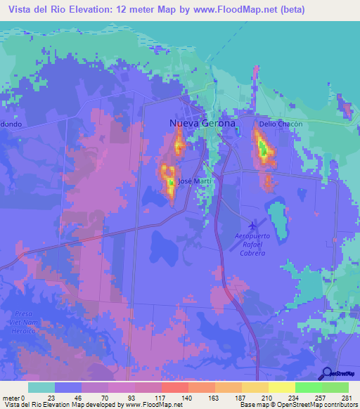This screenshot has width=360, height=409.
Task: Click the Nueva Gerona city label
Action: coord(202,124)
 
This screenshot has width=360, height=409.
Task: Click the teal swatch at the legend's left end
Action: coord(41,387)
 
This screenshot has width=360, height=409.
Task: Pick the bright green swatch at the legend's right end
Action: coord(335,387)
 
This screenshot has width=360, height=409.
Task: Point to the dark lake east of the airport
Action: coord(277,220)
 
